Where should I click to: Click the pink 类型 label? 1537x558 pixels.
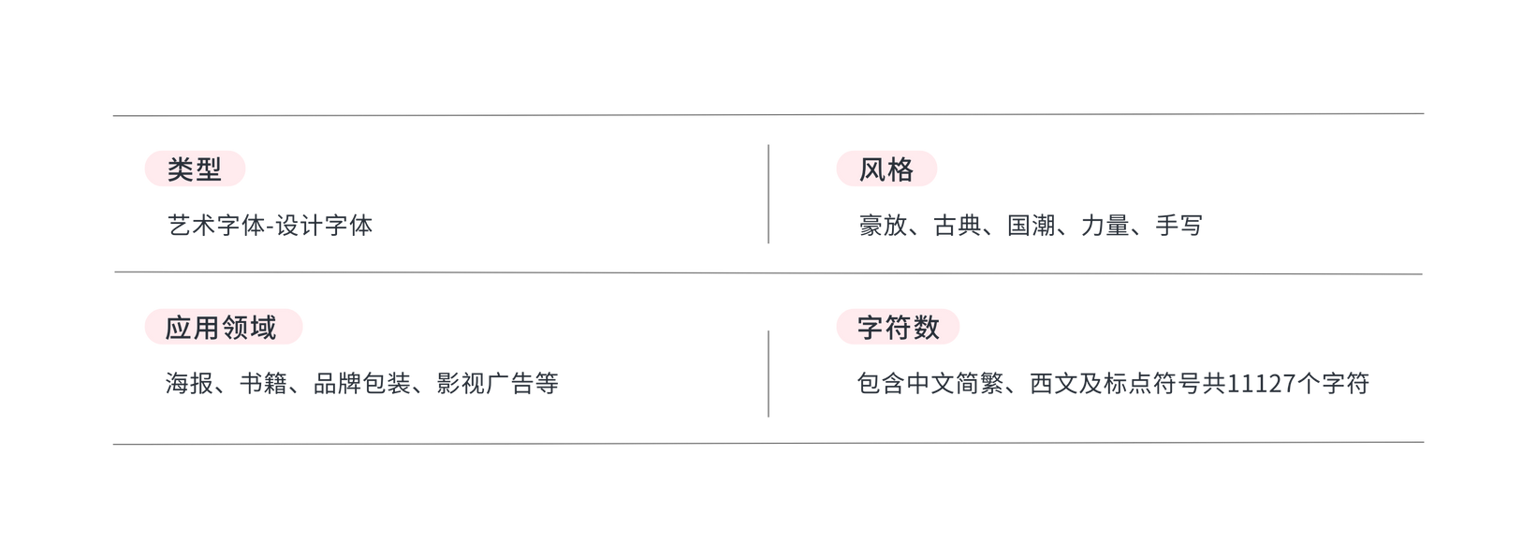pos(195,169)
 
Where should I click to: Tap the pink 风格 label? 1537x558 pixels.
pos(886,169)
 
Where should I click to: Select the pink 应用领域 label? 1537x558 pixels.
pos(223,328)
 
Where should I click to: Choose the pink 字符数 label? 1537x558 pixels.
pos(897,328)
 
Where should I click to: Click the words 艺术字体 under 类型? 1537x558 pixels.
pos(214,226)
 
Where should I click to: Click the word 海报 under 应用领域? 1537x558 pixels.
pos(186,384)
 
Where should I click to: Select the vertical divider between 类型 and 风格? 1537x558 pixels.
pos(768,194)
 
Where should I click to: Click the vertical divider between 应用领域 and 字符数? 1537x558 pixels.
pos(768,373)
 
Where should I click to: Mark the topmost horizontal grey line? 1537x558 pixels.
pos(768,115)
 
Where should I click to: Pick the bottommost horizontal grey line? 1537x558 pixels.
pos(768,443)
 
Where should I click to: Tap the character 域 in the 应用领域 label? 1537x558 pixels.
pos(263,328)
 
